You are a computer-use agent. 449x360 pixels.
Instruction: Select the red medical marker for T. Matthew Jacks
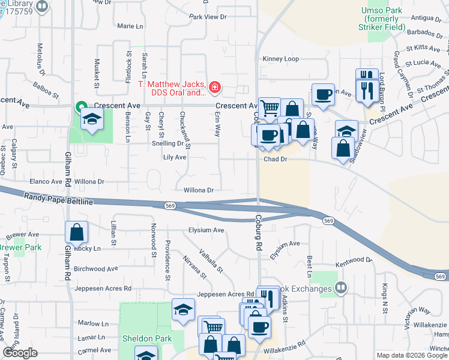[x=214, y=88]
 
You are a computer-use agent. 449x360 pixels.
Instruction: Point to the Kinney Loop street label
[x=280, y=59]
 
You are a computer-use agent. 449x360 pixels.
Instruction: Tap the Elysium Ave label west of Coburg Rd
[x=206, y=230]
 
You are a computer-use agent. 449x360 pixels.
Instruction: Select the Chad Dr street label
[x=276, y=160]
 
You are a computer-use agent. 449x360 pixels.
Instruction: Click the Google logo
[x=20, y=353]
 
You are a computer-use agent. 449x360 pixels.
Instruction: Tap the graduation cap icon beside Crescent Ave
[x=92, y=120]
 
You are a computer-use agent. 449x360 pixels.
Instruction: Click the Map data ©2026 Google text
[x=412, y=355]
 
